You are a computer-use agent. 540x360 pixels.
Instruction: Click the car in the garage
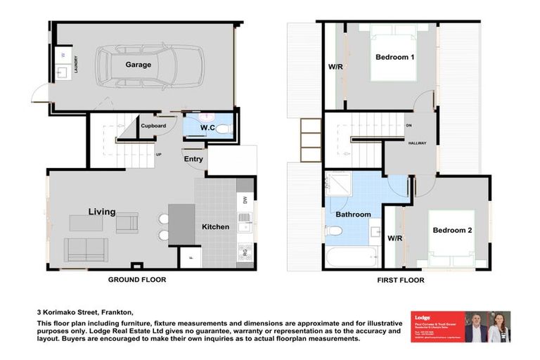(x=150, y=65)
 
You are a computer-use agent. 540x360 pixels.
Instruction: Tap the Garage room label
(x=139, y=65)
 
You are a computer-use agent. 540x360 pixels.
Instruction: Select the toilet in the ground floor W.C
(x=221, y=129)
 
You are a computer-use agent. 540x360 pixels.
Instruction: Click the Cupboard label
(x=153, y=126)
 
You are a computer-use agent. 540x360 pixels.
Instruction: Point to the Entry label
(x=194, y=159)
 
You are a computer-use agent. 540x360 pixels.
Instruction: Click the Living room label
(x=102, y=212)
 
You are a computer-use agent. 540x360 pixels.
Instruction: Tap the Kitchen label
(x=215, y=227)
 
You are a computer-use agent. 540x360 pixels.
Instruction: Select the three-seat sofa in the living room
(x=86, y=250)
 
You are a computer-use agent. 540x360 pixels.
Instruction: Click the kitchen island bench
(x=181, y=224)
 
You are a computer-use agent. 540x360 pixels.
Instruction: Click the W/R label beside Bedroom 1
(x=336, y=67)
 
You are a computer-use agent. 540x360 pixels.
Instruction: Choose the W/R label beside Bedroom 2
(x=394, y=238)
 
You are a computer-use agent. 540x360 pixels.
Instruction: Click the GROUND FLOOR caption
(x=137, y=279)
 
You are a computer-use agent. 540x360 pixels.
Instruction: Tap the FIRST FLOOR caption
(x=400, y=279)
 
